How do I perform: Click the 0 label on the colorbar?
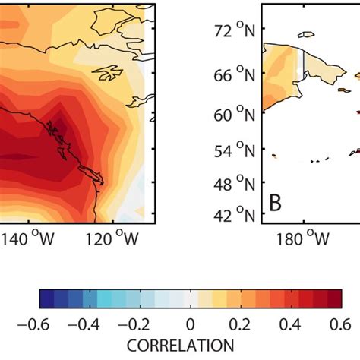(x=191, y=324)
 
